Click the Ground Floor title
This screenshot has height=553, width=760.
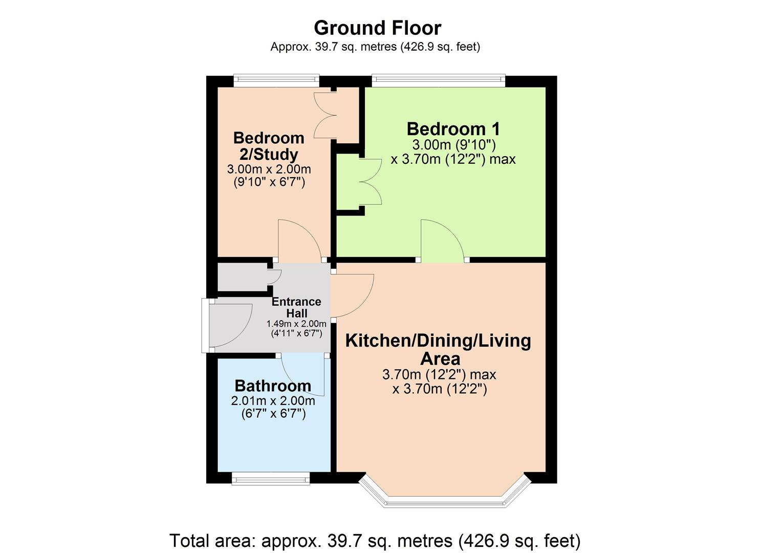click(377, 28)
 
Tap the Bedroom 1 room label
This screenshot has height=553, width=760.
click(453, 129)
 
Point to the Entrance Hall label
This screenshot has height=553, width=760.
click(296, 307)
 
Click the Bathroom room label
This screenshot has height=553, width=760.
click(273, 386)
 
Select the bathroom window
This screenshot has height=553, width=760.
click(270, 479)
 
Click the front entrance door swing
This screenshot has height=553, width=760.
click(230, 325)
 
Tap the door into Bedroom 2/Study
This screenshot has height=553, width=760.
click(299, 241)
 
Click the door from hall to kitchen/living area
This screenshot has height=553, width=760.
click(352, 295)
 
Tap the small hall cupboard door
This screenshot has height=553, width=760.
click(275, 276)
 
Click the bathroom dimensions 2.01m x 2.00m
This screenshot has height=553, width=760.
click(273, 401)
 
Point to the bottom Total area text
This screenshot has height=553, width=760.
click(375, 541)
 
